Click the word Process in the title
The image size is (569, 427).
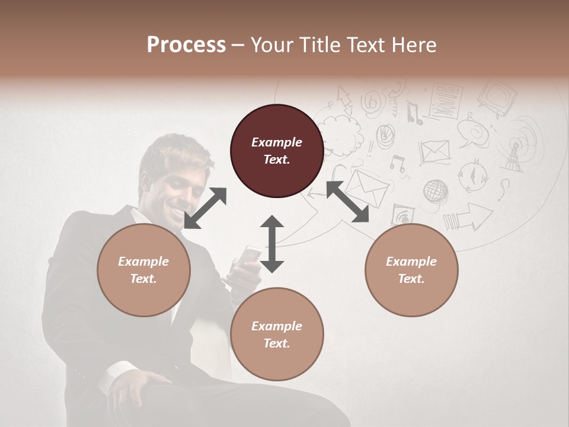pyautogui.click(x=186, y=44)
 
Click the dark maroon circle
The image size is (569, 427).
pyautogui.click(x=277, y=151)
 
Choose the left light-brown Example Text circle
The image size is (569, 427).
pyautogui.click(x=143, y=270)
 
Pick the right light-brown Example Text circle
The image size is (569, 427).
pyautogui.click(x=411, y=270)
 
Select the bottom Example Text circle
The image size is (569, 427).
pyautogui.click(x=277, y=334)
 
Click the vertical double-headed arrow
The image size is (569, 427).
pyautogui.click(x=272, y=244)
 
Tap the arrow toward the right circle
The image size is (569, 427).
pyautogui.click(x=347, y=202)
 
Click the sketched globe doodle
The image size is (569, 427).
pyautogui.click(x=436, y=191)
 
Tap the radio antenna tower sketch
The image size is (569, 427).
pyautogui.click(x=514, y=155)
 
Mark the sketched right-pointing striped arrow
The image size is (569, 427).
pyautogui.click(x=468, y=218)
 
